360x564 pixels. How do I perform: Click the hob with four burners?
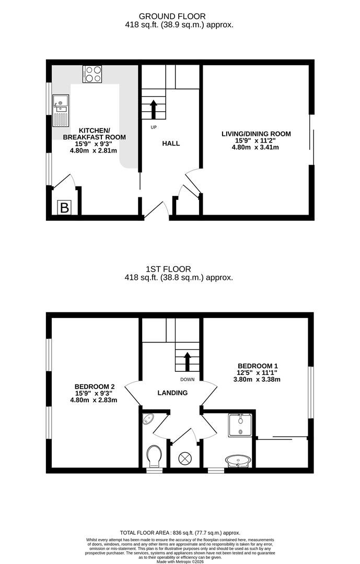click(92, 74)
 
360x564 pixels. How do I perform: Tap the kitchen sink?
click(61, 110)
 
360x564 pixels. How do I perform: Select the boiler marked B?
click(64, 207)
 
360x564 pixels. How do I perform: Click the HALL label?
click(171, 144)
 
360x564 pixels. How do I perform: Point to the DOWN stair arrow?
click(187, 362)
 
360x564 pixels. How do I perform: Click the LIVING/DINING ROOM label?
click(256, 134)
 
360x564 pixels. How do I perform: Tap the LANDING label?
click(172, 393)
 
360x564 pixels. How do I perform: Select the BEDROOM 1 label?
click(258, 366)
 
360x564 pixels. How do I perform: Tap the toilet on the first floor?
click(154, 456)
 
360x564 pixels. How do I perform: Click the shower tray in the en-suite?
click(240, 425)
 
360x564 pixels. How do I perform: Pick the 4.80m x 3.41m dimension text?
click(256, 147)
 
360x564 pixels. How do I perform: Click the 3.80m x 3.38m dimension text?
click(257, 380)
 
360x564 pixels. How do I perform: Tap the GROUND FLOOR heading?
click(172, 16)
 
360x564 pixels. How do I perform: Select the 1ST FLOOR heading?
click(168, 269)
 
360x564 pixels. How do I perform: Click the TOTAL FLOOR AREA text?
click(180, 533)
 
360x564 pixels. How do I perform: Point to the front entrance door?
click(156, 210)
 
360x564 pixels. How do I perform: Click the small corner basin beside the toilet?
click(148, 419)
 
